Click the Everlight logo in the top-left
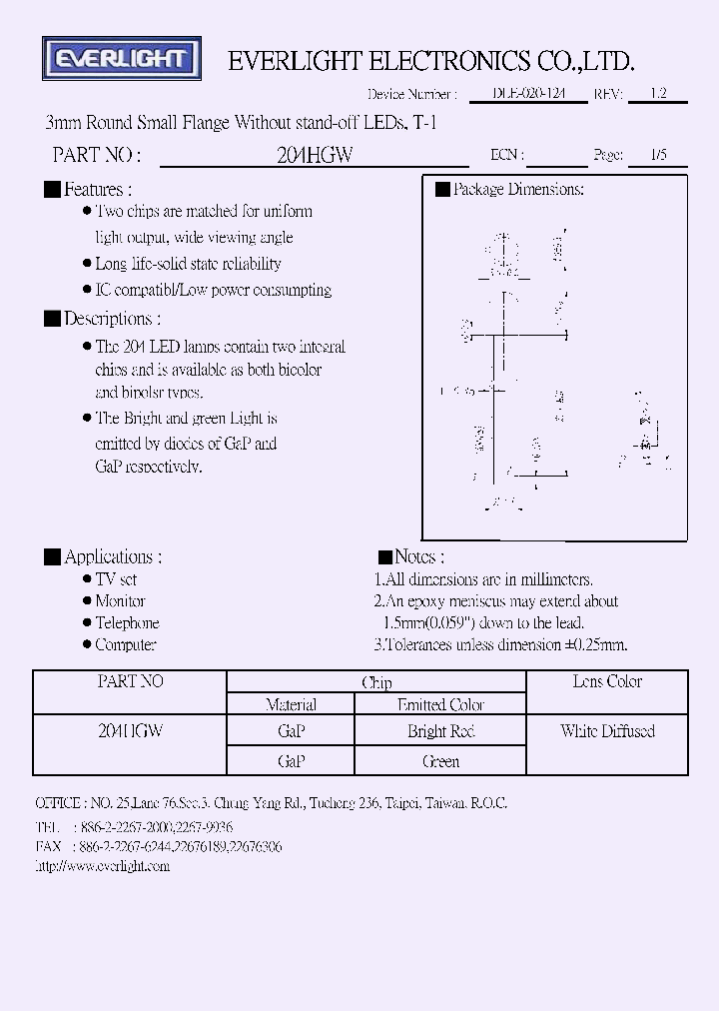pyautogui.click(x=122, y=59)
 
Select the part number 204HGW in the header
pyautogui.click(x=315, y=155)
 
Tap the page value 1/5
pyautogui.click(x=658, y=155)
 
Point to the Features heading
pyautogui.click(x=97, y=189)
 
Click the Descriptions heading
pyautogui.click(x=111, y=319)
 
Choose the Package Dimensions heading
pyautogui.click(x=517, y=189)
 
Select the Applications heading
pyautogui.click(x=112, y=556)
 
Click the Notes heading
pyautogui.click(x=419, y=556)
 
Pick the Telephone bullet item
pyautogui.click(x=127, y=622)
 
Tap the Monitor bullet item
pyautogui.click(x=120, y=600)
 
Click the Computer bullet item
pyautogui.click(x=126, y=644)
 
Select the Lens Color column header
pyautogui.click(x=607, y=681)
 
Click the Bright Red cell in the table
pyautogui.click(x=440, y=731)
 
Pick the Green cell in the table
pyautogui.click(x=440, y=761)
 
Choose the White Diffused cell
pyautogui.click(x=607, y=731)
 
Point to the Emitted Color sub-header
pyautogui.click(x=440, y=704)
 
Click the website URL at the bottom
pyautogui.click(x=103, y=866)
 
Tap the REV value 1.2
pyautogui.click(x=658, y=93)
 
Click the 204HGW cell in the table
pyautogui.click(x=131, y=731)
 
